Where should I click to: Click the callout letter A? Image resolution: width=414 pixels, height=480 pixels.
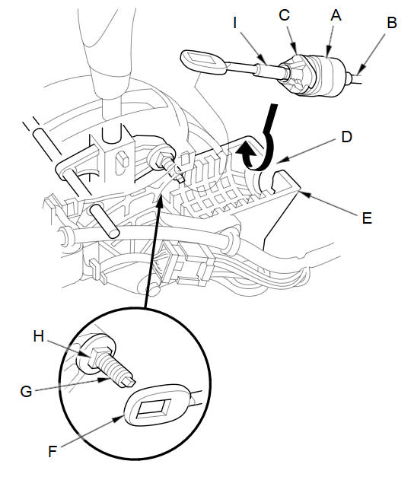point(336,15)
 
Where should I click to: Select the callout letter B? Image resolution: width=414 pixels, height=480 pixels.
point(392,23)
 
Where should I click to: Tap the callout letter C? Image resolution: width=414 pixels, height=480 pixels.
point(285,15)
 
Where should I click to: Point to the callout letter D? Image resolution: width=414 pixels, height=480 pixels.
point(346,137)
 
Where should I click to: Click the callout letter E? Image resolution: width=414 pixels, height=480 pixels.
point(367,218)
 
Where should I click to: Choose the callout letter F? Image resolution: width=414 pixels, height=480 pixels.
point(53,452)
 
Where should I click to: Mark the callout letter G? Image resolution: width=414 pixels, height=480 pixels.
point(26,391)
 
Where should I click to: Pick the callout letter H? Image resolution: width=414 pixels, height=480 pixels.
point(39,336)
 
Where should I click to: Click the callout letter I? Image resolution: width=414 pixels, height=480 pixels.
point(235,23)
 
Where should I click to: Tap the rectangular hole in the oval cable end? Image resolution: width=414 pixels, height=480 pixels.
point(154,408)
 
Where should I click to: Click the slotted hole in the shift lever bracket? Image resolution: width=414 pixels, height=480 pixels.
point(122,160)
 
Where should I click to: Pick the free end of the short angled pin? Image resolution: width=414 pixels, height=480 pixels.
point(113,234)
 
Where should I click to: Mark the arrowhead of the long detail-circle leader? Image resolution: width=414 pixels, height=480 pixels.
point(160,198)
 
